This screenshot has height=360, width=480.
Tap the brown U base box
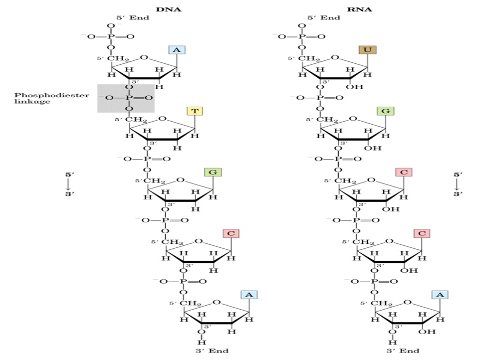[367, 50]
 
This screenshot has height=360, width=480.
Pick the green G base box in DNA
[213, 172]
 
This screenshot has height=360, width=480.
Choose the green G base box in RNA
[385, 111]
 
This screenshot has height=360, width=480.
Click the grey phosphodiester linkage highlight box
[126, 98]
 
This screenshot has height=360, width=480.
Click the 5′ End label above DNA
[130, 17]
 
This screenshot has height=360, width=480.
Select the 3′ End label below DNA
[212, 351]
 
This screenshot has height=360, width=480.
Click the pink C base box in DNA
[231, 233]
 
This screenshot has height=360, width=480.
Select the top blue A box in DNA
[177, 50]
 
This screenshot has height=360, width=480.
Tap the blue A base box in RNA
[440, 295]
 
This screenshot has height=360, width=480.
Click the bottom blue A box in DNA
[248, 295]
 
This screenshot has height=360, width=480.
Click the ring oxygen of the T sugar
[162, 119]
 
